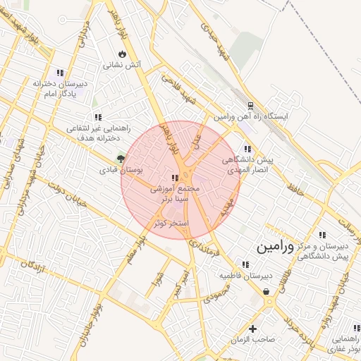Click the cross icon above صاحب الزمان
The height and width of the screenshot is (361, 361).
pos(252,328)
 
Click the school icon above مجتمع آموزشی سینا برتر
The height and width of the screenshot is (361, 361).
pos(175,178)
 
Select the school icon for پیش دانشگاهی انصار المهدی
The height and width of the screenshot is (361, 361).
pos(247,149)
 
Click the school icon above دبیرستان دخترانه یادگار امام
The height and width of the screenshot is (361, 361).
pos(60,72)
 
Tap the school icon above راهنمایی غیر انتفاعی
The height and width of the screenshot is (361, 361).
pos(97,117)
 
